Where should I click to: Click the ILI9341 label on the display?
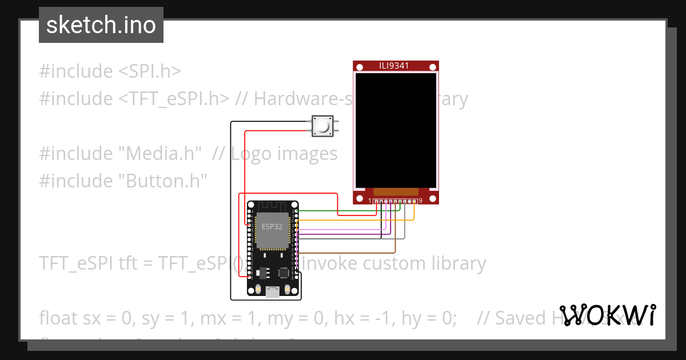[396, 66]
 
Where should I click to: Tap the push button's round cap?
[322, 126]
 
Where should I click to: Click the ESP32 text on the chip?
[272, 226]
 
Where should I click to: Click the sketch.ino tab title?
[101, 25]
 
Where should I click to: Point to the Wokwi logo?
[607, 315]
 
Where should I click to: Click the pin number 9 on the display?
[420, 201]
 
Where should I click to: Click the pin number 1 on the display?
[370, 201]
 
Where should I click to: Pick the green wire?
[337, 211]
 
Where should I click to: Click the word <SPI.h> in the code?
[150, 71]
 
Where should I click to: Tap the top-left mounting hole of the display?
[359, 67]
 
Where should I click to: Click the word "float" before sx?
[59, 318]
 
